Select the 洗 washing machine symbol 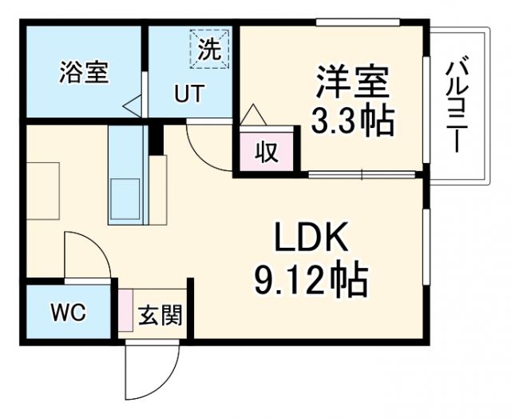pyautogui.click(x=209, y=50)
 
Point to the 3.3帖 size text pyautogui.click(x=352, y=121)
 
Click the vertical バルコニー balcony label pyautogui.click(x=458, y=104)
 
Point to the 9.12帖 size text pyautogui.click(x=311, y=280)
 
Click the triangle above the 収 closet pyautogui.click(x=252, y=114)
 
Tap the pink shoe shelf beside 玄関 pyautogui.click(x=125, y=311)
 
